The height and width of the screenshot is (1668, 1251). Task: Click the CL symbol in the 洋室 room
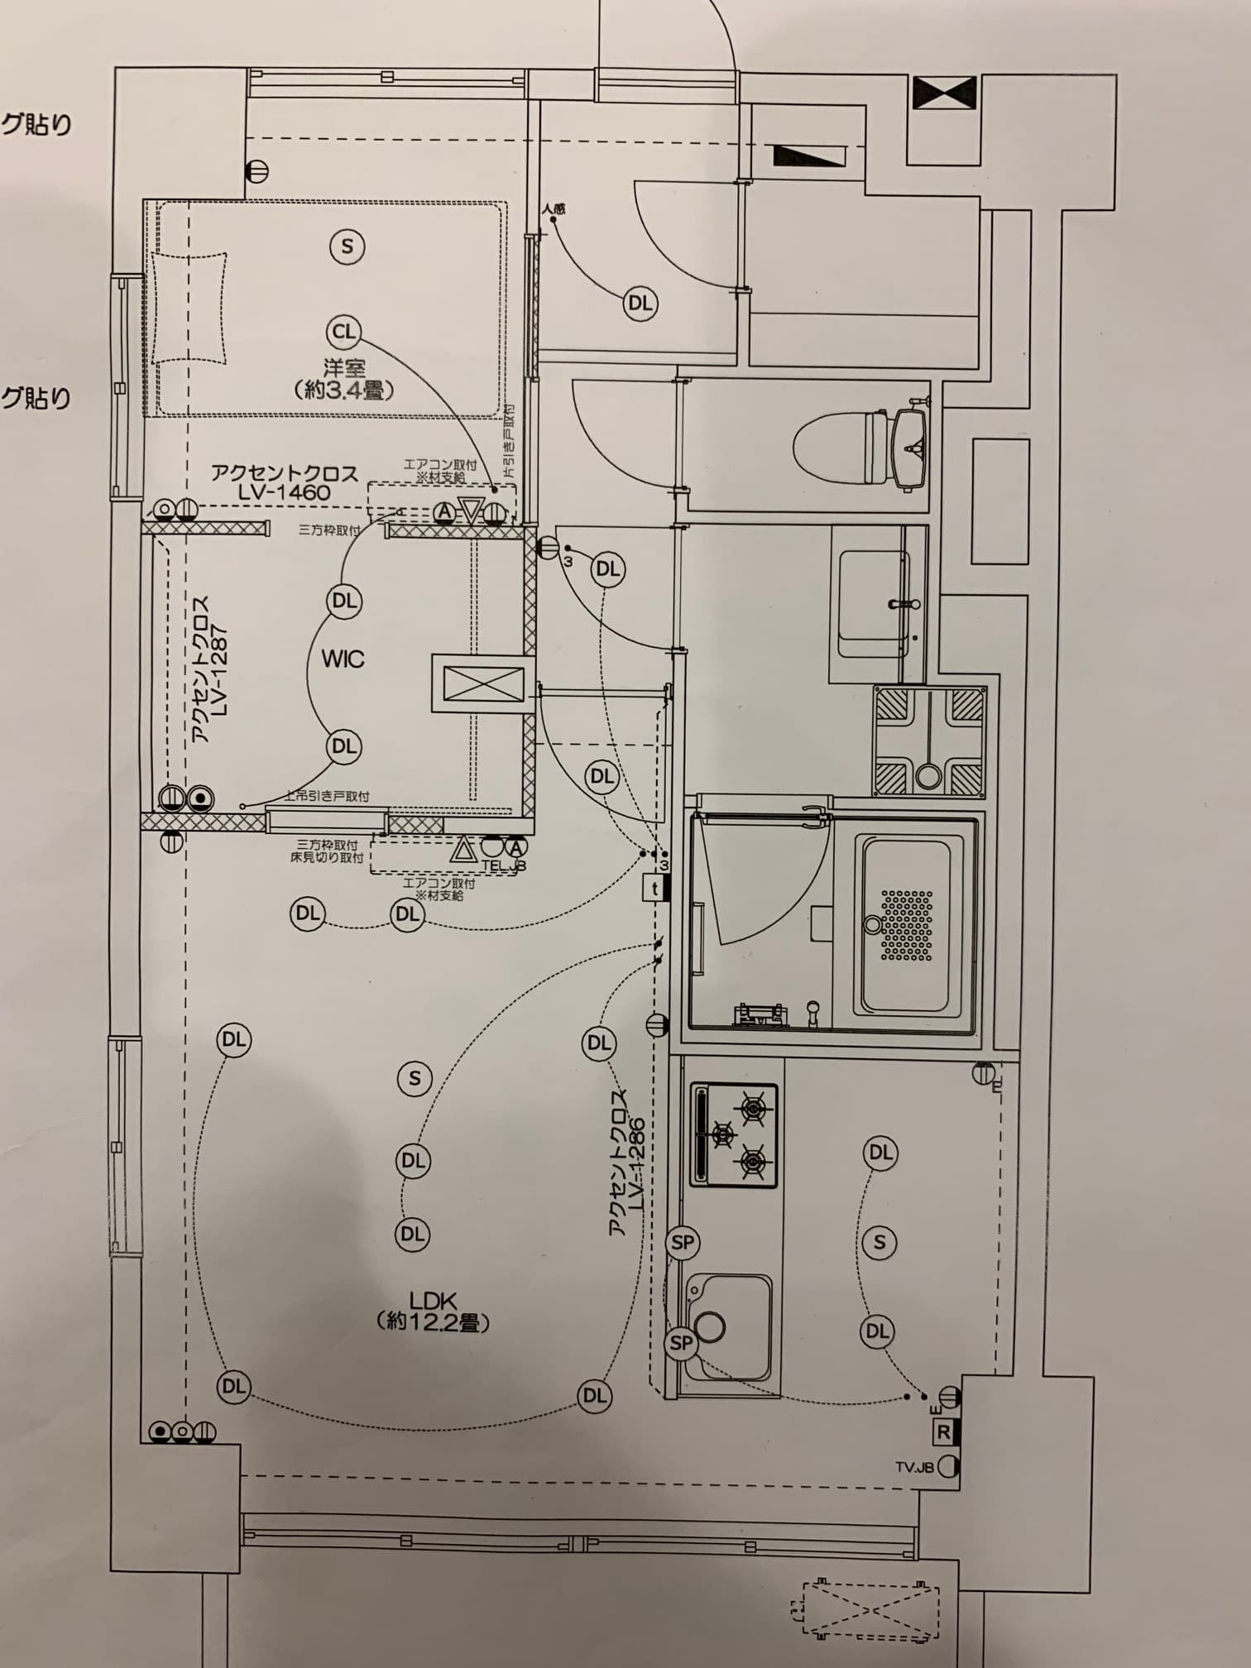(x=343, y=332)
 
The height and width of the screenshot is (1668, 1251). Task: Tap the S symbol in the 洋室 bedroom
(x=347, y=246)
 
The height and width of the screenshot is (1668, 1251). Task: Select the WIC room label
(x=343, y=659)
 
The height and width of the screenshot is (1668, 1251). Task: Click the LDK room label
(x=433, y=1301)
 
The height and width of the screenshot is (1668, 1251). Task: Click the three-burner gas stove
(x=734, y=1134)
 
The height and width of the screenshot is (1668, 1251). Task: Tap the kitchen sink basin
(x=728, y=1325)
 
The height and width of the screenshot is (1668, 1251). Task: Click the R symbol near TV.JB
(x=944, y=1431)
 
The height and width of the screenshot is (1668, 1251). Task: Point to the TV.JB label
(x=914, y=1467)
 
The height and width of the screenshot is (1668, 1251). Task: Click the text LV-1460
(x=283, y=492)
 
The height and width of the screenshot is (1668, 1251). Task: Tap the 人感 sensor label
(x=554, y=209)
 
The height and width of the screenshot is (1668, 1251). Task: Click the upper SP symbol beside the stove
(x=683, y=1243)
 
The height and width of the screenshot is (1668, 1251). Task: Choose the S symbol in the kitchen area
(x=880, y=1242)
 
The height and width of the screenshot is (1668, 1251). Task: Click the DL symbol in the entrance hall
(x=640, y=303)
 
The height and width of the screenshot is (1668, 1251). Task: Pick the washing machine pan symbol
(x=929, y=742)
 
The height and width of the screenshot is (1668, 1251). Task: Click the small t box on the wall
(x=655, y=889)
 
